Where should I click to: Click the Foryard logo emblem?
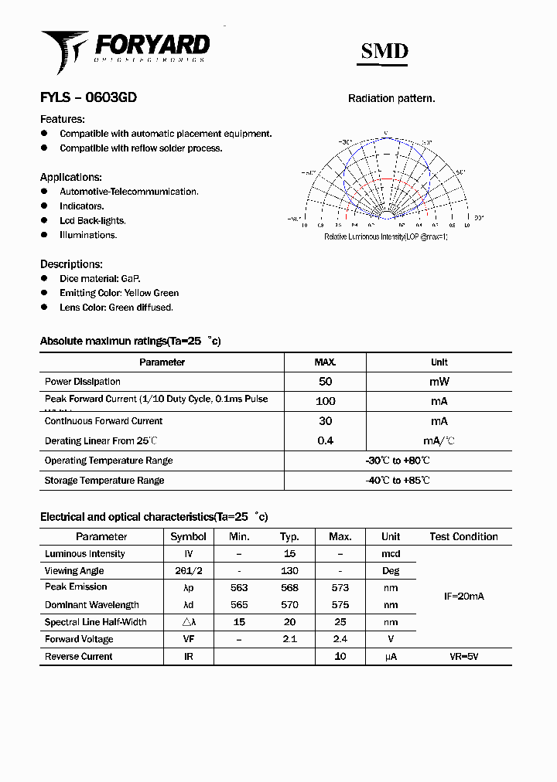coord(64,50)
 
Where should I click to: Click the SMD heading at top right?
coord(384,51)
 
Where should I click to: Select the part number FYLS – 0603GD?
coord(88,98)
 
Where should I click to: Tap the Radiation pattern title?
coord(391,99)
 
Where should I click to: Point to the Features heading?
coord(62,119)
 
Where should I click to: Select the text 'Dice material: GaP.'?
coord(100,278)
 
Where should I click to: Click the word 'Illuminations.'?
coord(88,235)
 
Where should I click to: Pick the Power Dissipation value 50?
coord(325,382)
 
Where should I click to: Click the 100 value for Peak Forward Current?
coord(325,401)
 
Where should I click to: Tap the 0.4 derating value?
coord(325,440)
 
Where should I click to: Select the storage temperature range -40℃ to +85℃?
coord(398,480)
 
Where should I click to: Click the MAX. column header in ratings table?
coord(325,362)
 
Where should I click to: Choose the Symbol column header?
coord(188,536)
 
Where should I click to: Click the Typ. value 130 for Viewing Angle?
coord(289,570)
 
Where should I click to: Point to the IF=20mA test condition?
coord(463,597)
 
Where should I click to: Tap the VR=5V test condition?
coord(463,656)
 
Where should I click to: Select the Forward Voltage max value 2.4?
coord(340,639)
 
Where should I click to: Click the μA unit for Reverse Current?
coord(391,656)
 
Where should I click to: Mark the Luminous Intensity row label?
coord(84,553)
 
